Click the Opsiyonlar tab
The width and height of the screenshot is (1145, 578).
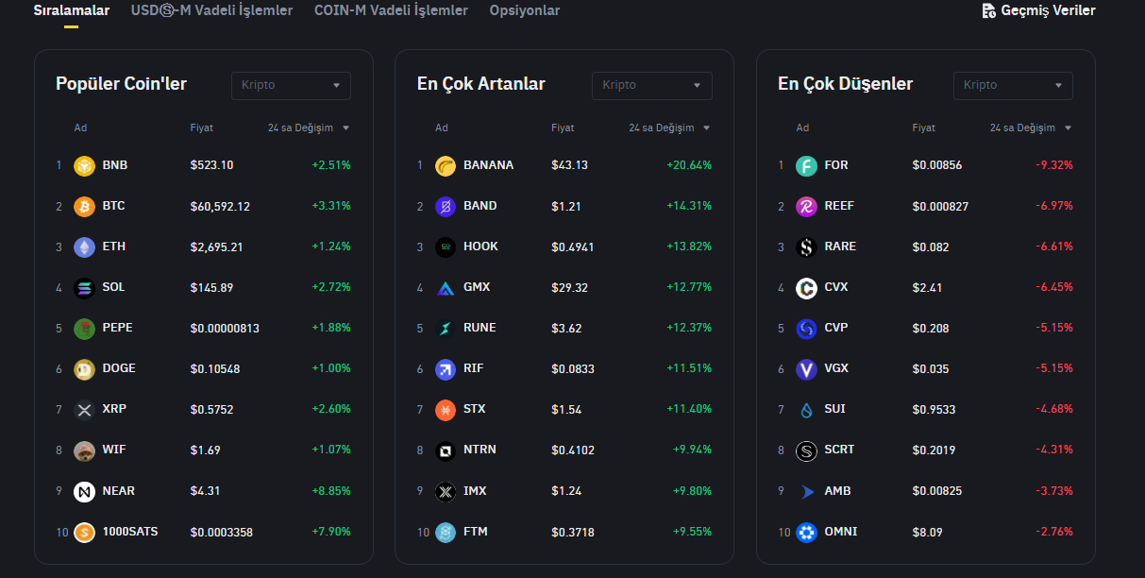click(524, 10)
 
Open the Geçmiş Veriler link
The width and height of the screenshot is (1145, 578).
click(1038, 10)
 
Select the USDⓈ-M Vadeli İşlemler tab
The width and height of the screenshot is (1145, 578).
click(211, 10)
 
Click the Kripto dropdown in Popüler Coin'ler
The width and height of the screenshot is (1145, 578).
click(291, 85)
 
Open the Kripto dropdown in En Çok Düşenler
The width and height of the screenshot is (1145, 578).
click(1013, 85)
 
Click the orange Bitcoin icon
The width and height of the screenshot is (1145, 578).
click(85, 206)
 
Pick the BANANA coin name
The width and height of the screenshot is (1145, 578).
click(488, 165)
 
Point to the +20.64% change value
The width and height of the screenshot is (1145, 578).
click(689, 165)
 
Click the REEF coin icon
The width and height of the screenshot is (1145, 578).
click(806, 206)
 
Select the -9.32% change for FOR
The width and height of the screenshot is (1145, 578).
click(1054, 165)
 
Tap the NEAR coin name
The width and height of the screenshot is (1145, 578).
click(119, 491)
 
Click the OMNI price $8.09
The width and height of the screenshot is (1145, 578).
click(927, 532)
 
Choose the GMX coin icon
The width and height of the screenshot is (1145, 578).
click(446, 288)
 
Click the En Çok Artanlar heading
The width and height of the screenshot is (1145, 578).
click(481, 84)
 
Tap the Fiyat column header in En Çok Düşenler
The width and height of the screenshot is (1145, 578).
click(923, 127)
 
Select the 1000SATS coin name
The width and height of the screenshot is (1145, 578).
click(130, 532)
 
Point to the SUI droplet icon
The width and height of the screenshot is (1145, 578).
click(806, 410)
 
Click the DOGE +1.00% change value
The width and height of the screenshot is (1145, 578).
click(331, 368)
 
